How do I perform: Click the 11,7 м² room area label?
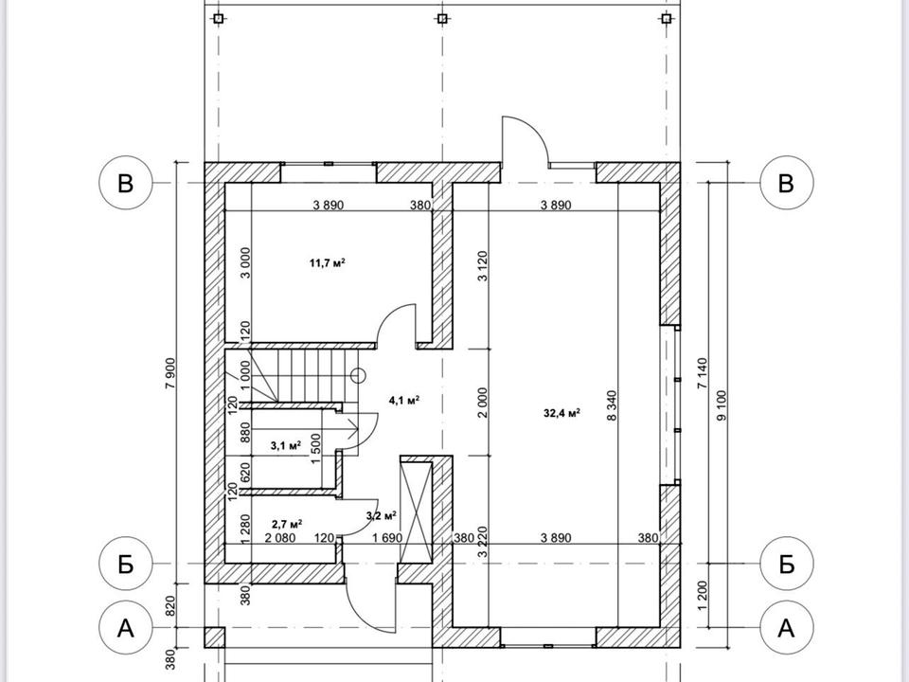click(327, 262)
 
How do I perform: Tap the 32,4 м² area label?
click(561, 412)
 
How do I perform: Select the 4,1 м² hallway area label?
click(404, 400)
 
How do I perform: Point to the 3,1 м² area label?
click(286, 444)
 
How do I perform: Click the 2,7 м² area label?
click(287, 523)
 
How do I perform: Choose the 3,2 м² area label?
click(381, 515)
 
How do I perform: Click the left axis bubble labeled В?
click(126, 183)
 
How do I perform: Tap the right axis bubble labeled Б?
click(786, 563)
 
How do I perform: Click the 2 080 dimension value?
click(279, 538)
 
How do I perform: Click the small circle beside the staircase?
click(358, 375)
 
